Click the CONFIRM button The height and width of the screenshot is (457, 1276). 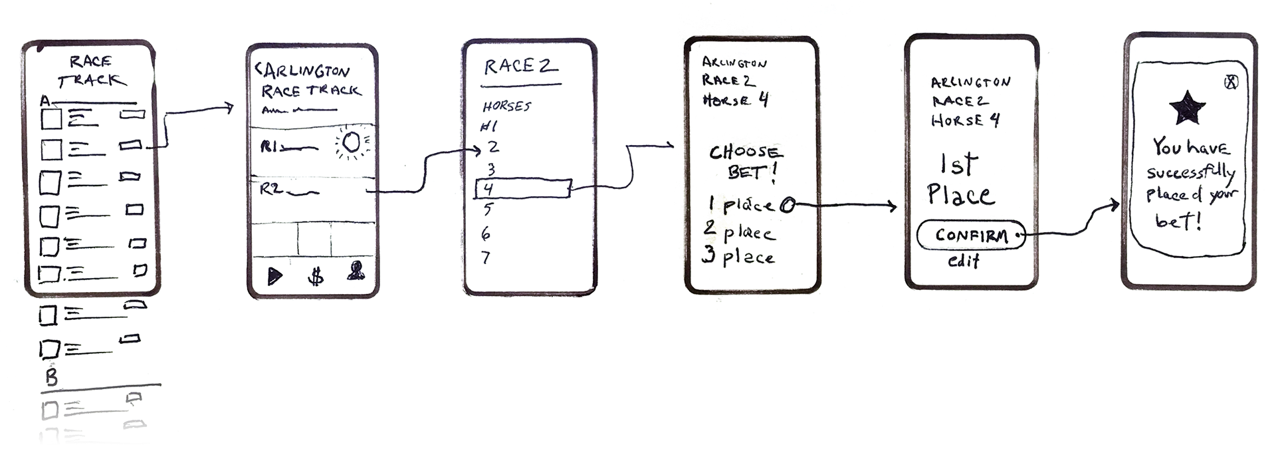(970, 235)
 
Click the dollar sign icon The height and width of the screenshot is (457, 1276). (316, 276)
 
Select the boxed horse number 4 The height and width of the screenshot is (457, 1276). (522, 189)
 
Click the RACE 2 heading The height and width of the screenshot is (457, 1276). (520, 67)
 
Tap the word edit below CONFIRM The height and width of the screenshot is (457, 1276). (963, 261)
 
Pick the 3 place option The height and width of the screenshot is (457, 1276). (740, 257)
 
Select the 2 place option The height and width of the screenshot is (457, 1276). (740, 233)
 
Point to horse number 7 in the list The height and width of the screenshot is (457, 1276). (486, 257)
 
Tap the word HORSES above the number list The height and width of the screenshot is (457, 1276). (507, 106)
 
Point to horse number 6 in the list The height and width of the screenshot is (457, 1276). (486, 233)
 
